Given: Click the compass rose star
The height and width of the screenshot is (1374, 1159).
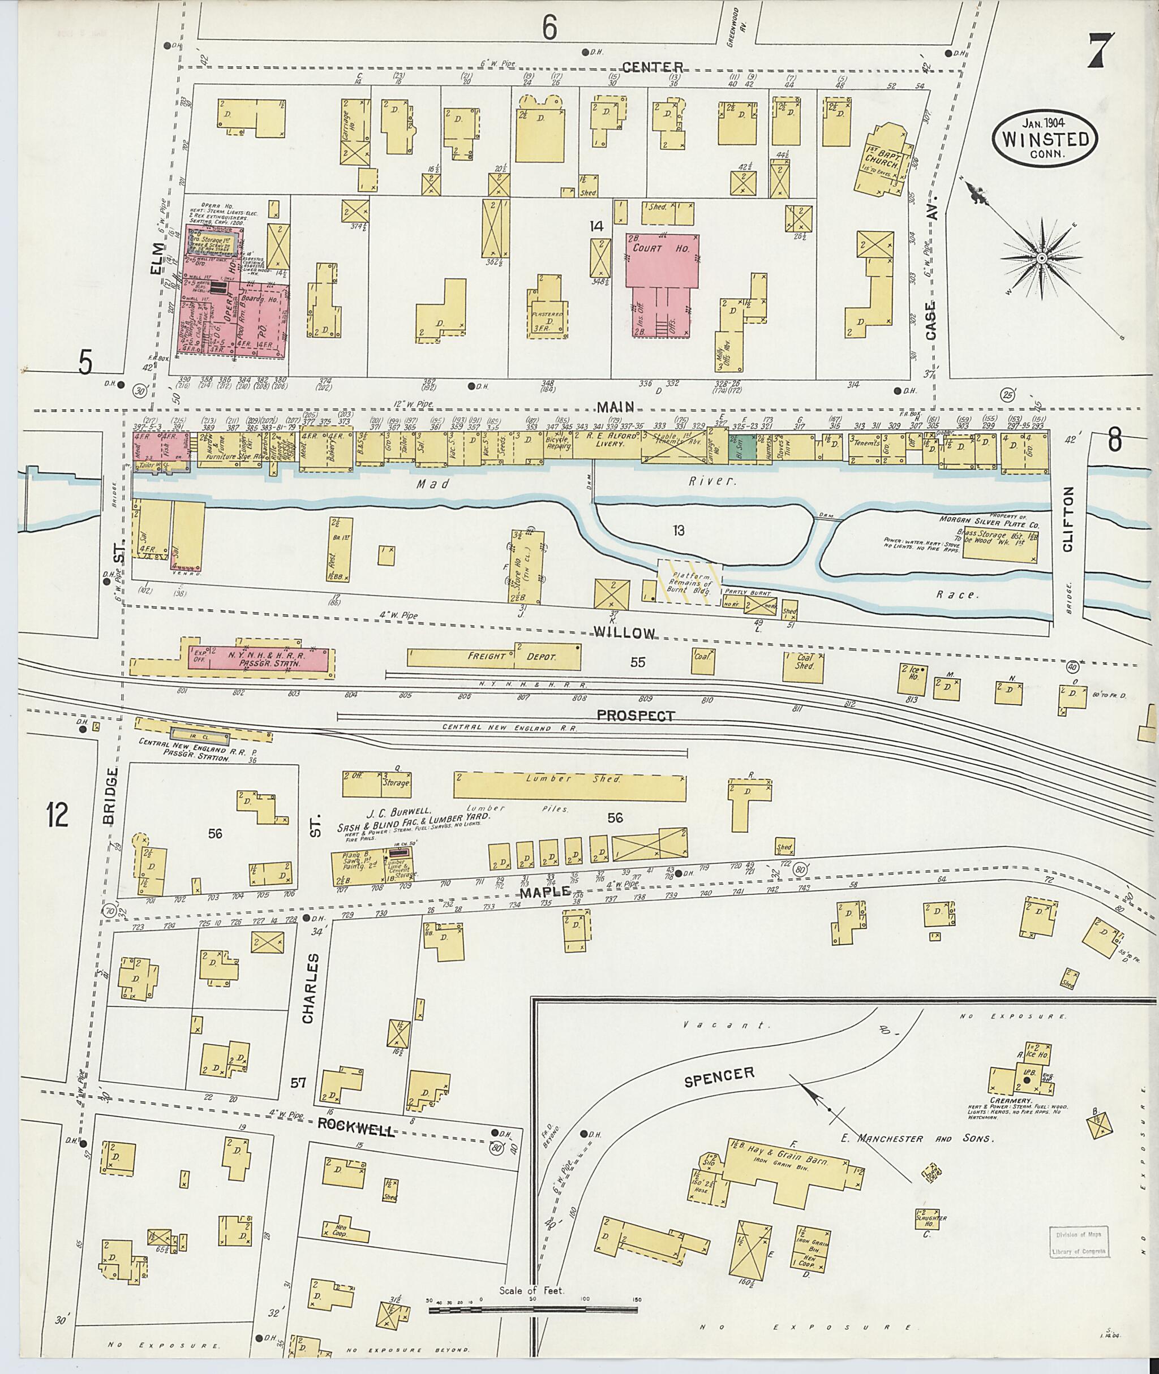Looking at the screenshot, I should [1041, 260].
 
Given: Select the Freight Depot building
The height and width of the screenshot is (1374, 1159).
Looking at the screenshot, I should [493, 656].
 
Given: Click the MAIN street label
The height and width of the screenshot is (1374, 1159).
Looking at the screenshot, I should [615, 408].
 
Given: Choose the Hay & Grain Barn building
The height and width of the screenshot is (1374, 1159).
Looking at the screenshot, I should [785, 1175].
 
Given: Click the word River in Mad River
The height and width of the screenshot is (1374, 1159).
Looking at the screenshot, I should [711, 481].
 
